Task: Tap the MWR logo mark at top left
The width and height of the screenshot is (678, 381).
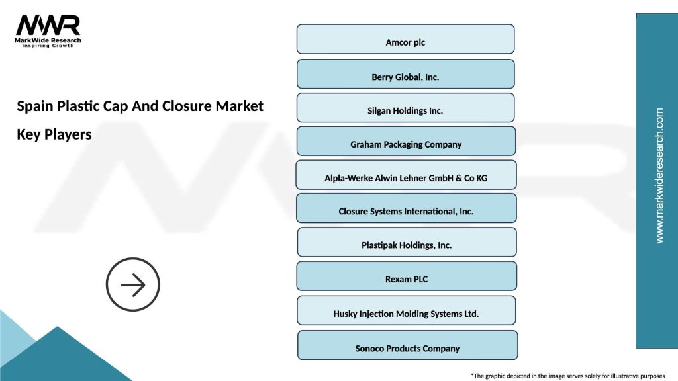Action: [48, 25]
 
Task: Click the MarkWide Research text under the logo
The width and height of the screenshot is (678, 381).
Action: [48, 40]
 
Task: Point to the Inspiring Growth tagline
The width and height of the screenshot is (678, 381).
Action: [48, 46]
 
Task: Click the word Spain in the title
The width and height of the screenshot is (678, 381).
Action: [34, 106]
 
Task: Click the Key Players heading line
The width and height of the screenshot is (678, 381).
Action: [54, 134]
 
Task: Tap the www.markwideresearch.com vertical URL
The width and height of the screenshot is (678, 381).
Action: [659, 176]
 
